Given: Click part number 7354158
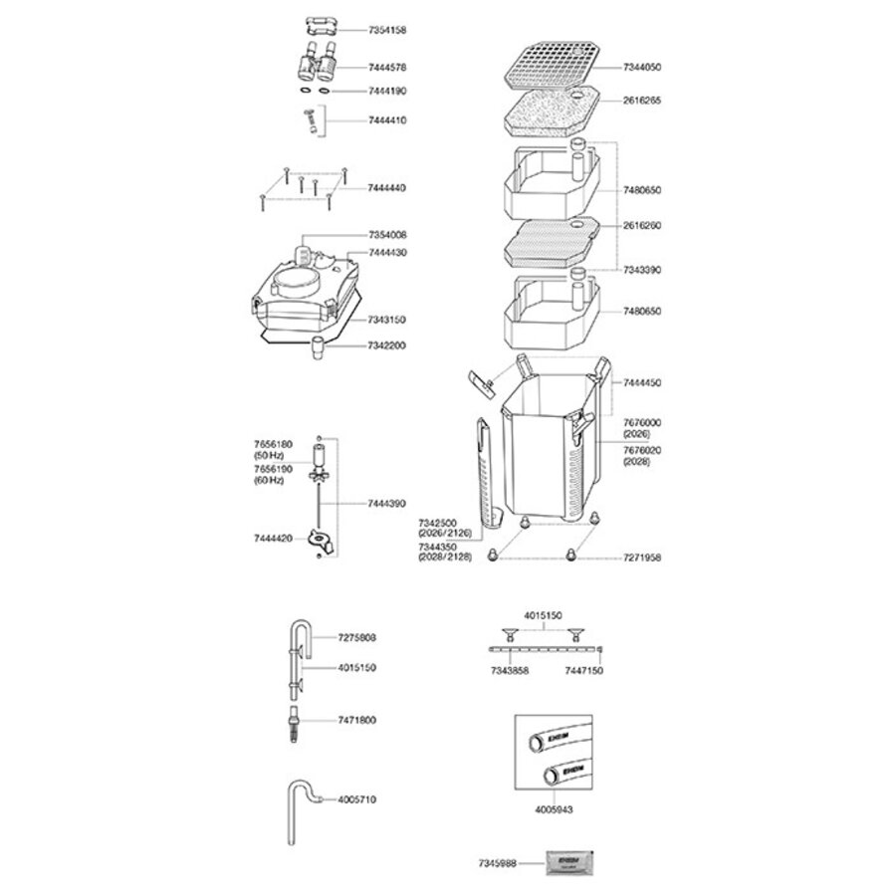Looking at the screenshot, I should [387, 31].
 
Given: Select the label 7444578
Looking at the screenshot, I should [387, 68].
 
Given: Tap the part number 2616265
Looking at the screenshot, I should [642, 101].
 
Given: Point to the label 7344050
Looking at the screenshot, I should [642, 67].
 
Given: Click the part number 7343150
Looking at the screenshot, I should [387, 320].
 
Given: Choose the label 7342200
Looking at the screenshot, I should [387, 345].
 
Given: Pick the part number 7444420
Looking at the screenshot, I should [274, 538].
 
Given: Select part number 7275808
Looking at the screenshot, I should [357, 636].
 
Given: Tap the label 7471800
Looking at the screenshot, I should [357, 719].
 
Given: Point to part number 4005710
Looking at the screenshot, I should [357, 798].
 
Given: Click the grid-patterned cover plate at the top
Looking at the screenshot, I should [553, 67].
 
